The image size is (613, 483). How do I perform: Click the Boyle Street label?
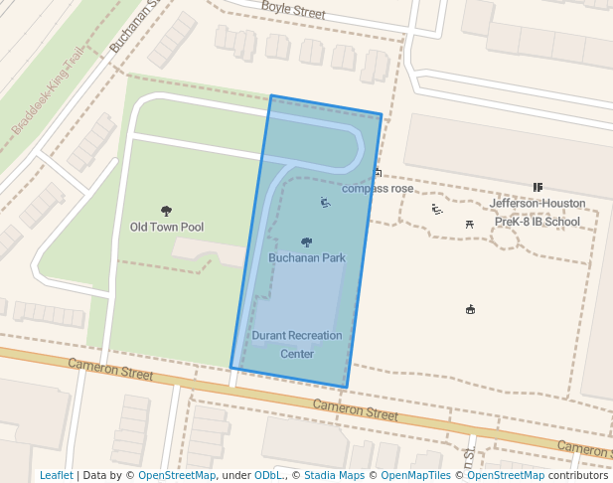click(293, 12)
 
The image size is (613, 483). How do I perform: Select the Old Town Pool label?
click(167, 227)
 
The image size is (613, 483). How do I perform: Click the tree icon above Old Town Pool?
click(166, 211)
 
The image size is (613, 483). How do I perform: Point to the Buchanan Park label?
click(307, 257)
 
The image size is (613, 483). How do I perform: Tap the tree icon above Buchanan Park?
click(306, 242)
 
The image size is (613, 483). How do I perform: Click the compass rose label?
click(378, 188)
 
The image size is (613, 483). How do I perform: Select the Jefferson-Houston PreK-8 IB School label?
click(536, 212)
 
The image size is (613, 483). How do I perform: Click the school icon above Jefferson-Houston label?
click(537, 187)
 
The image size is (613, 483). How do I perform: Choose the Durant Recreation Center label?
click(297, 344)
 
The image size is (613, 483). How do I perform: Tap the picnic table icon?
click(469, 225)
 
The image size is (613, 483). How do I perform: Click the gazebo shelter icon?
click(470, 309)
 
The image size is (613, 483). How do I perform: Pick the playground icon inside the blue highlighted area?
click(325, 203)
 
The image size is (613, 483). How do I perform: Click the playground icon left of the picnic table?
click(437, 209)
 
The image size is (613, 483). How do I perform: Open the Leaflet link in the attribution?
click(57, 475)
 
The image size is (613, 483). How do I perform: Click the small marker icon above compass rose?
click(378, 173)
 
